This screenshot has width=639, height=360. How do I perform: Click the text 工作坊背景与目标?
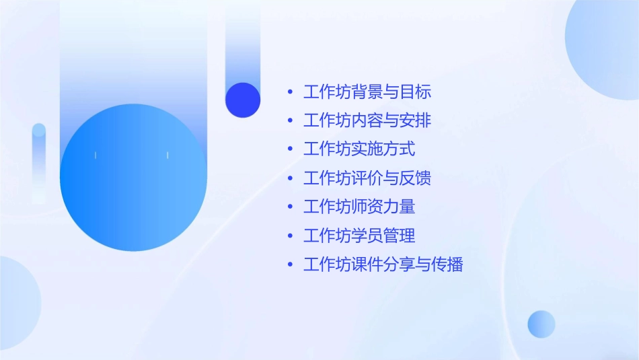click(367, 92)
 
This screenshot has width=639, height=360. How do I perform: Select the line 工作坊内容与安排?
click(367, 121)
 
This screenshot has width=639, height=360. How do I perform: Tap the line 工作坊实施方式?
click(359, 149)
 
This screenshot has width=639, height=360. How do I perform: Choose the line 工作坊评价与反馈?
click(367, 178)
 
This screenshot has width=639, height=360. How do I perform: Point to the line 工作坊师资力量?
click(359, 207)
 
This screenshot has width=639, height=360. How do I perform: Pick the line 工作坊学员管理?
click(359, 236)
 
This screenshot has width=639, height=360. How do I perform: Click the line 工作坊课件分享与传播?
click(383, 264)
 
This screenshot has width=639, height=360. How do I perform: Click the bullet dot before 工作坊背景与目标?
click(290, 92)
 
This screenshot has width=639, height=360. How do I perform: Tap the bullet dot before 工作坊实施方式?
click(290, 149)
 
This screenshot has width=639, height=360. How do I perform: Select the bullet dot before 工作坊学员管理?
click(290, 236)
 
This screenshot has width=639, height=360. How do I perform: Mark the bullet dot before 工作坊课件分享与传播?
click(290, 264)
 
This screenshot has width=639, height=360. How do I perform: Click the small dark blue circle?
click(243, 100)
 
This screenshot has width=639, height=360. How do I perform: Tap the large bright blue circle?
click(133, 178)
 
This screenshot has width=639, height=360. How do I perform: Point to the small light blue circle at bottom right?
click(541, 324)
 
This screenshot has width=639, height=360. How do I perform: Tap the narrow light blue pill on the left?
click(39, 161)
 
